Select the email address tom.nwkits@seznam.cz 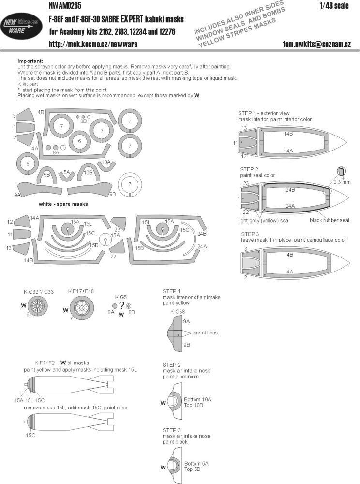317,45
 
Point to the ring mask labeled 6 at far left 28,165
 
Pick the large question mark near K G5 121,306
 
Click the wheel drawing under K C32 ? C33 37,306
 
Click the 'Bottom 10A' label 197,399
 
